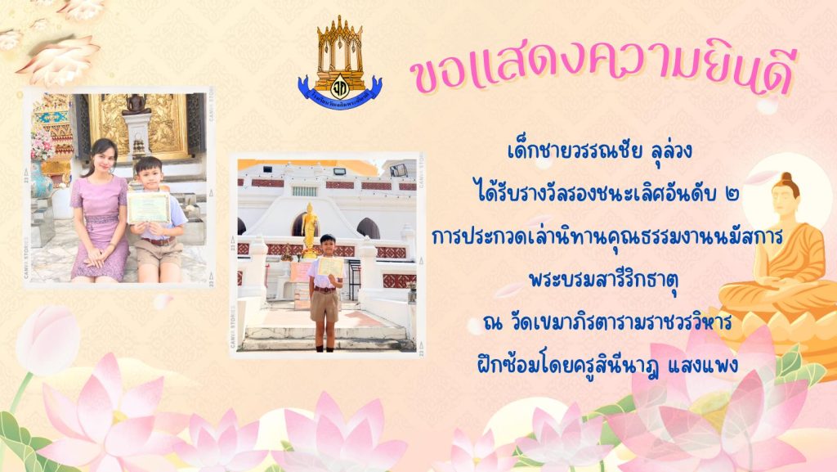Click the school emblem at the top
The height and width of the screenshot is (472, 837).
pos(340,63)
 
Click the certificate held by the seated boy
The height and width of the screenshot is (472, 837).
pos(148,207)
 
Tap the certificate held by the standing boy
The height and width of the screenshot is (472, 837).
pos(330,267)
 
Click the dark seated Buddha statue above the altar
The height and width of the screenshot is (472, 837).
pos(137,105)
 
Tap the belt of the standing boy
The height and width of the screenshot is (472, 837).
pos(324,290)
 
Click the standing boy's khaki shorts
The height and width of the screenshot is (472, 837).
pos(324,307)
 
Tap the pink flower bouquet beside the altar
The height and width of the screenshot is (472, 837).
pos(43,144)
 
